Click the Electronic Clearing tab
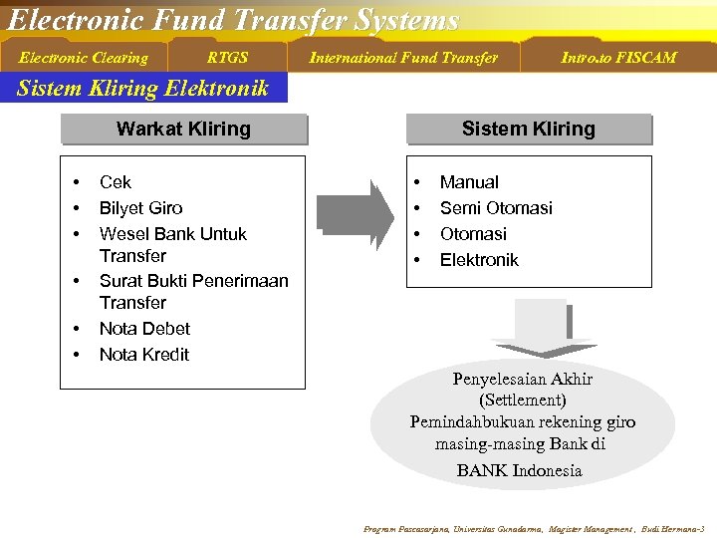click(84, 58)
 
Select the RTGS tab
click(227, 58)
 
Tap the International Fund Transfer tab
click(403, 58)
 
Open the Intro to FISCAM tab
click(617, 58)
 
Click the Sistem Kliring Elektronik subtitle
click(143, 89)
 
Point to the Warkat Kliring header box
click(183, 130)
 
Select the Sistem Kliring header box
click(528, 130)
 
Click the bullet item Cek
click(116, 182)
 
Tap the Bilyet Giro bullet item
click(140, 208)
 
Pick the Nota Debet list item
click(144, 329)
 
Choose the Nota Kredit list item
click(144, 355)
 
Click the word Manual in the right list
click(469, 182)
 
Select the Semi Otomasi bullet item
click(496, 208)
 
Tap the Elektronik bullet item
click(479, 260)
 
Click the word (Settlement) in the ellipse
click(523, 401)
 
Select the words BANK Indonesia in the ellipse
click(519, 470)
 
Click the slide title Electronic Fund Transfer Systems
click(233, 20)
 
